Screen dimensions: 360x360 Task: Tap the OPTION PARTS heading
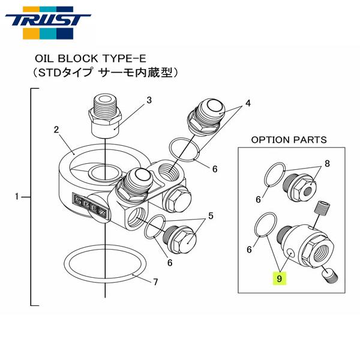click(x=289, y=139)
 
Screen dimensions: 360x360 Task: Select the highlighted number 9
click(x=279, y=278)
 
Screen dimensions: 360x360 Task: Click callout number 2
click(x=56, y=129)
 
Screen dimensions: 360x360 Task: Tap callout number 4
click(x=247, y=103)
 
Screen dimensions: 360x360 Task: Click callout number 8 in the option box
click(x=327, y=162)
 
